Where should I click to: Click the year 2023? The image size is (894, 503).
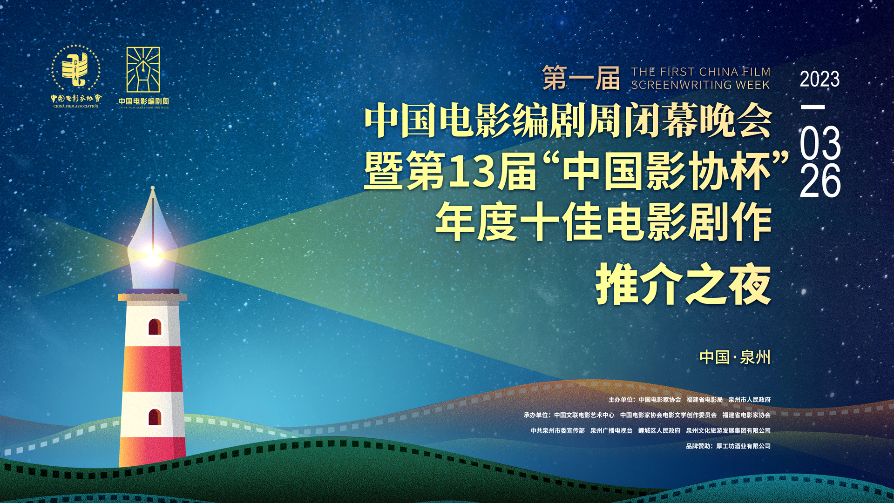(x=819, y=79)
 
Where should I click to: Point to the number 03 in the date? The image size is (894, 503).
(x=820, y=143)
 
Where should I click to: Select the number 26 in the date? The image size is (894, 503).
(x=820, y=180)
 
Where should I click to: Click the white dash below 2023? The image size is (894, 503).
(x=813, y=107)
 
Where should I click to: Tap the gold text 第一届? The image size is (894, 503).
(x=581, y=78)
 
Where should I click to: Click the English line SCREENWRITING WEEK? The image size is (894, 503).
(x=700, y=85)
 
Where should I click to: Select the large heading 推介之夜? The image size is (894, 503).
(x=683, y=285)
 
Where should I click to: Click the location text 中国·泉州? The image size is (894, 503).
(x=735, y=357)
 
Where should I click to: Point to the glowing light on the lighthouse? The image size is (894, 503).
(x=152, y=254)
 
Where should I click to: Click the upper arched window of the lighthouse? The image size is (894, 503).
(x=155, y=327)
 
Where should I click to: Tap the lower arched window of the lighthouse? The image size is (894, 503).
(x=155, y=417)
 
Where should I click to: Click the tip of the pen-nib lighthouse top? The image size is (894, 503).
(x=152, y=188)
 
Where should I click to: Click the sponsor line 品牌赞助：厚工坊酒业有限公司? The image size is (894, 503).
(x=728, y=446)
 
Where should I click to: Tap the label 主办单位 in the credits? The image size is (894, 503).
(x=620, y=400)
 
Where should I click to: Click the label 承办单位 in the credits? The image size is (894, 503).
(x=535, y=415)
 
